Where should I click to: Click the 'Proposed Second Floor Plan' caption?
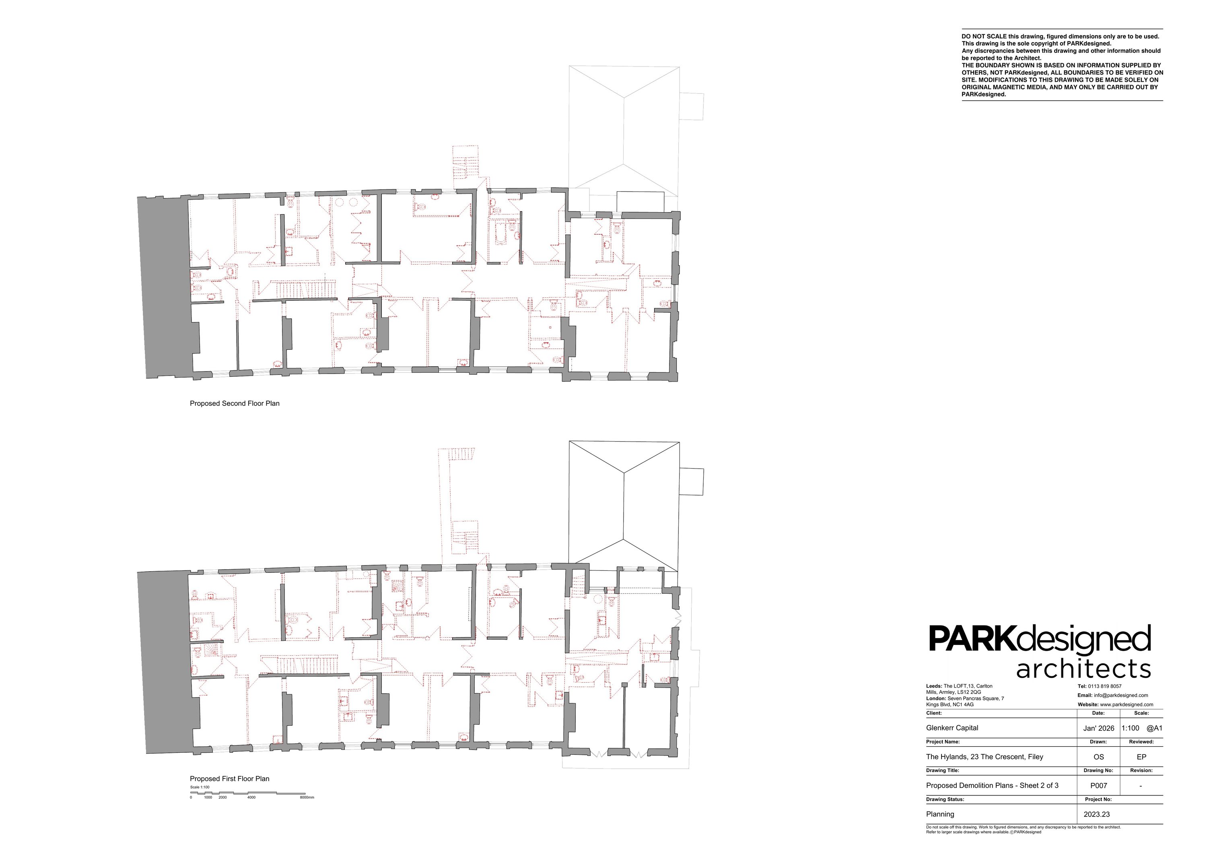(x=235, y=403)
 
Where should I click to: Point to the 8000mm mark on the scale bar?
(x=307, y=797)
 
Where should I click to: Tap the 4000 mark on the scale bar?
(x=251, y=797)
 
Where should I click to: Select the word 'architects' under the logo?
(x=1083, y=669)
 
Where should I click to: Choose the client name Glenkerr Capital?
(x=952, y=728)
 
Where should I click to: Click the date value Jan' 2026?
(x=1099, y=728)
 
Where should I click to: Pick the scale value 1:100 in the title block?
(x=1130, y=728)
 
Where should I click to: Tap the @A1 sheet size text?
(x=1154, y=728)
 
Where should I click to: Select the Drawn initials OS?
(x=1099, y=757)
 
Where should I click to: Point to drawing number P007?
(x=1099, y=786)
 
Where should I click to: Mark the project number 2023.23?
(x=1097, y=814)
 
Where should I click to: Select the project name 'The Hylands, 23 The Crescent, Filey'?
(x=985, y=757)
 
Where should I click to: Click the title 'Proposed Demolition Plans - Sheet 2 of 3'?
(x=993, y=786)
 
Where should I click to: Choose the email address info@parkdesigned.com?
(x=1119, y=695)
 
